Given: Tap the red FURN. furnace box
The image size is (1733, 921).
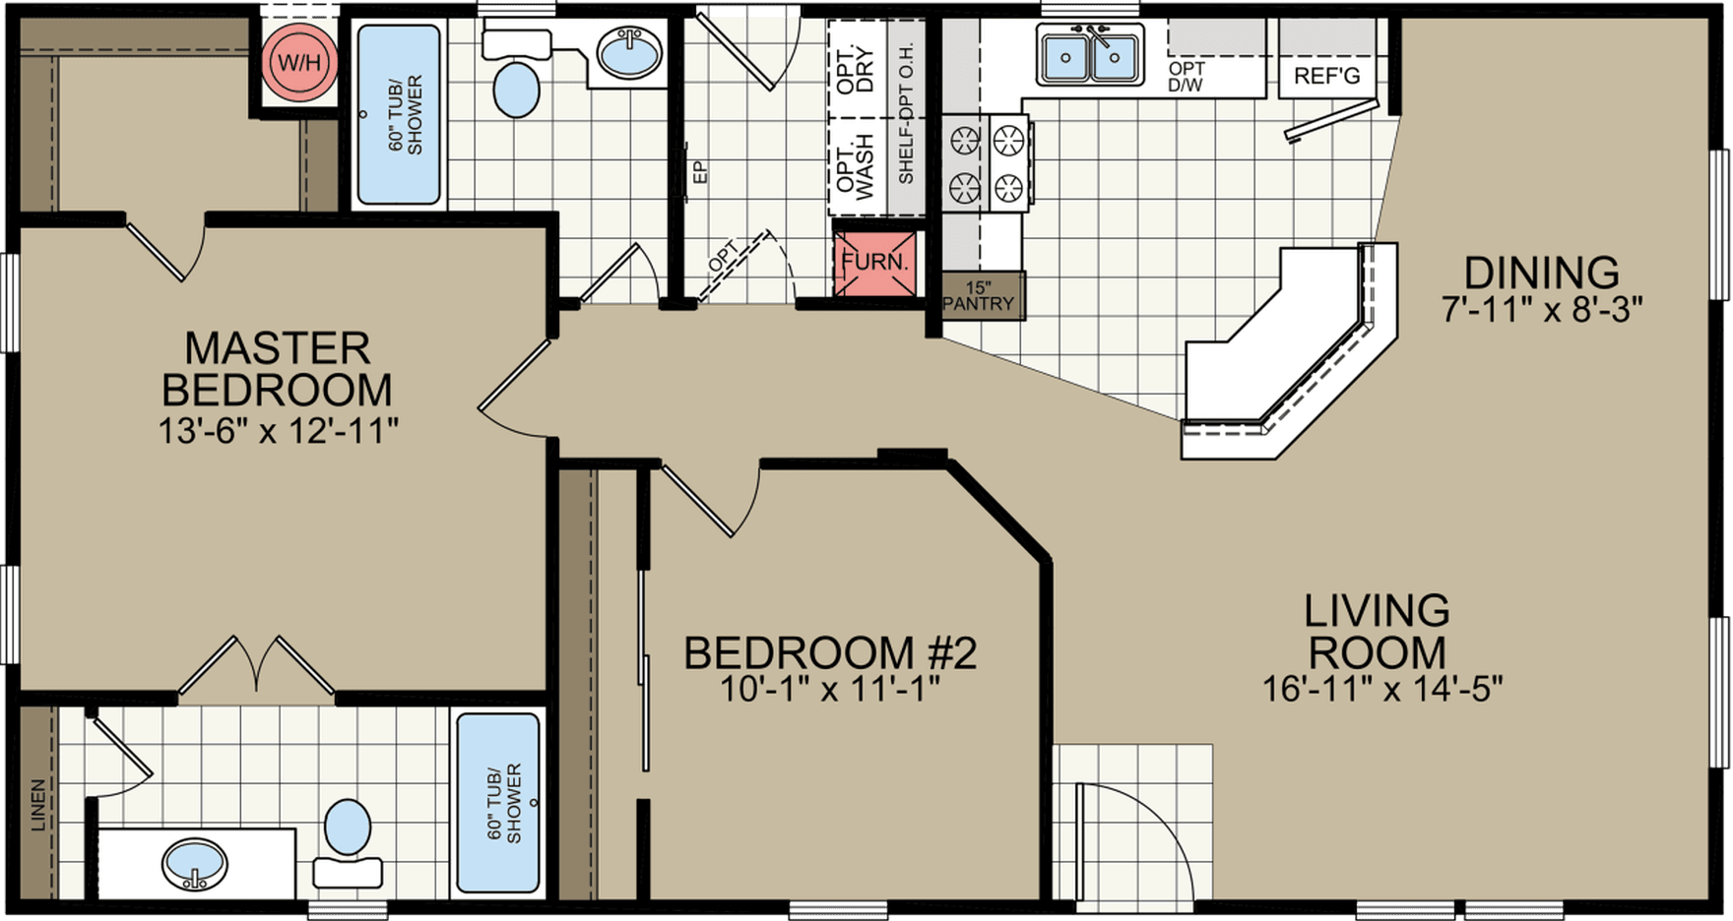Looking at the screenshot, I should (x=874, y=263).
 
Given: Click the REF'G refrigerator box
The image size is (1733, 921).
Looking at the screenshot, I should (x=1325, y=75).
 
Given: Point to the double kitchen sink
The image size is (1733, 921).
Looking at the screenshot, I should (x=1090, y=56).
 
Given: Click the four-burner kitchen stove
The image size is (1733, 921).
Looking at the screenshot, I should (x=986, y=162).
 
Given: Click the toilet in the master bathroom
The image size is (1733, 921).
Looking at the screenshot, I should (x=347, y=828).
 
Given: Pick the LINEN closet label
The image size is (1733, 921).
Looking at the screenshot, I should (x=38, y=806).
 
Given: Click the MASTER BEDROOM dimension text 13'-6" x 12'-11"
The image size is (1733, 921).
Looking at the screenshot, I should (x=279, y=431).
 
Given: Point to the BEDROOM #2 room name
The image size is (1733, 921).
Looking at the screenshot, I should (x=829, y=653).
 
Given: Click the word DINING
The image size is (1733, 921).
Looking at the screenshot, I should (x=1541, y=273).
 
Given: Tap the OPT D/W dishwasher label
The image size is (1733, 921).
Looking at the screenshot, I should (x=1187, y=77).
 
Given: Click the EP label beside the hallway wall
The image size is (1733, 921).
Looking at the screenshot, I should (x=701, y=173).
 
